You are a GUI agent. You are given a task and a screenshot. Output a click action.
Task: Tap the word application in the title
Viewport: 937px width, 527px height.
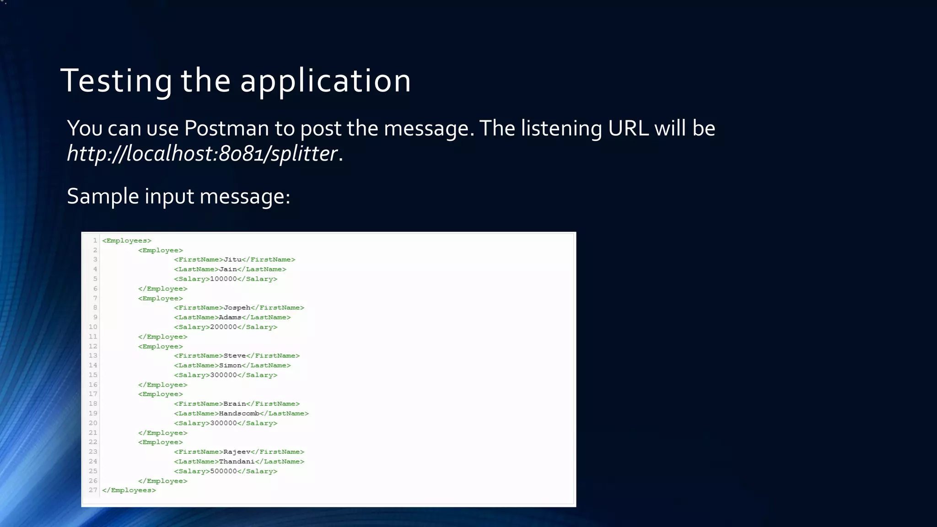[x=325, y=81]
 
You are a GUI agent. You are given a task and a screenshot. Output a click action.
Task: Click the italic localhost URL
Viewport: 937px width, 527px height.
[x=202, y=153]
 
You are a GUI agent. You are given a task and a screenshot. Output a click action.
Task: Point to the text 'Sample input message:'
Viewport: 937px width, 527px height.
[x=178, y=196]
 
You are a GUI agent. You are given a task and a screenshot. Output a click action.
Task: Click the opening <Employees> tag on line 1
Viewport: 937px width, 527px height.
[x=127, y=241]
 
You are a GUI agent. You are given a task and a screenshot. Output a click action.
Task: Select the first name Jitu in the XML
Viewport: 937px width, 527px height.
[x=232, y=260]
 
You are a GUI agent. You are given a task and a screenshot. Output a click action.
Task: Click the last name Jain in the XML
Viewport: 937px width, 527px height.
[x=228, y=269]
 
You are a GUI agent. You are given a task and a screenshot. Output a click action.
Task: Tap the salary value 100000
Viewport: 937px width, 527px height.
[x=223, y=279]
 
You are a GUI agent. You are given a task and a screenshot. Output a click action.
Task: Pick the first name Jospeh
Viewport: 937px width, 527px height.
[x=237, y=308]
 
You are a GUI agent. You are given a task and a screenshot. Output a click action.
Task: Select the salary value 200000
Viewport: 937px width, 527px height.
[x=223, y=327]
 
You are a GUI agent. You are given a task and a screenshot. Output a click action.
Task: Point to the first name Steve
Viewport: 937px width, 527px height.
[x=234, y=356]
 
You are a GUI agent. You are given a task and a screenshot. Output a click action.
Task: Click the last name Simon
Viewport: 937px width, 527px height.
[x=230, y=366]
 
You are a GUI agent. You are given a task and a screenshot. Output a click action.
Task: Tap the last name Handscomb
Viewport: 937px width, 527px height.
[x=239, y=414]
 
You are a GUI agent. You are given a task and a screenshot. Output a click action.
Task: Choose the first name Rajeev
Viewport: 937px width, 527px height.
[x=237, y=452]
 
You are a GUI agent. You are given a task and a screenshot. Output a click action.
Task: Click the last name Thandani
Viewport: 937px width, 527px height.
[x=237, y=462]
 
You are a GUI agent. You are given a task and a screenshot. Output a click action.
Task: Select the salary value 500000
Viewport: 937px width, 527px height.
[x=223, y=471]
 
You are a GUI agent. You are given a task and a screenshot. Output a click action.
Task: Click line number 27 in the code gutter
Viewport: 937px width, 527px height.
[x=93, y=490]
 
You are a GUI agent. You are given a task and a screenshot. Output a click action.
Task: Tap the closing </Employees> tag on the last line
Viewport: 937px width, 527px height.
[x=129, y=490]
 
